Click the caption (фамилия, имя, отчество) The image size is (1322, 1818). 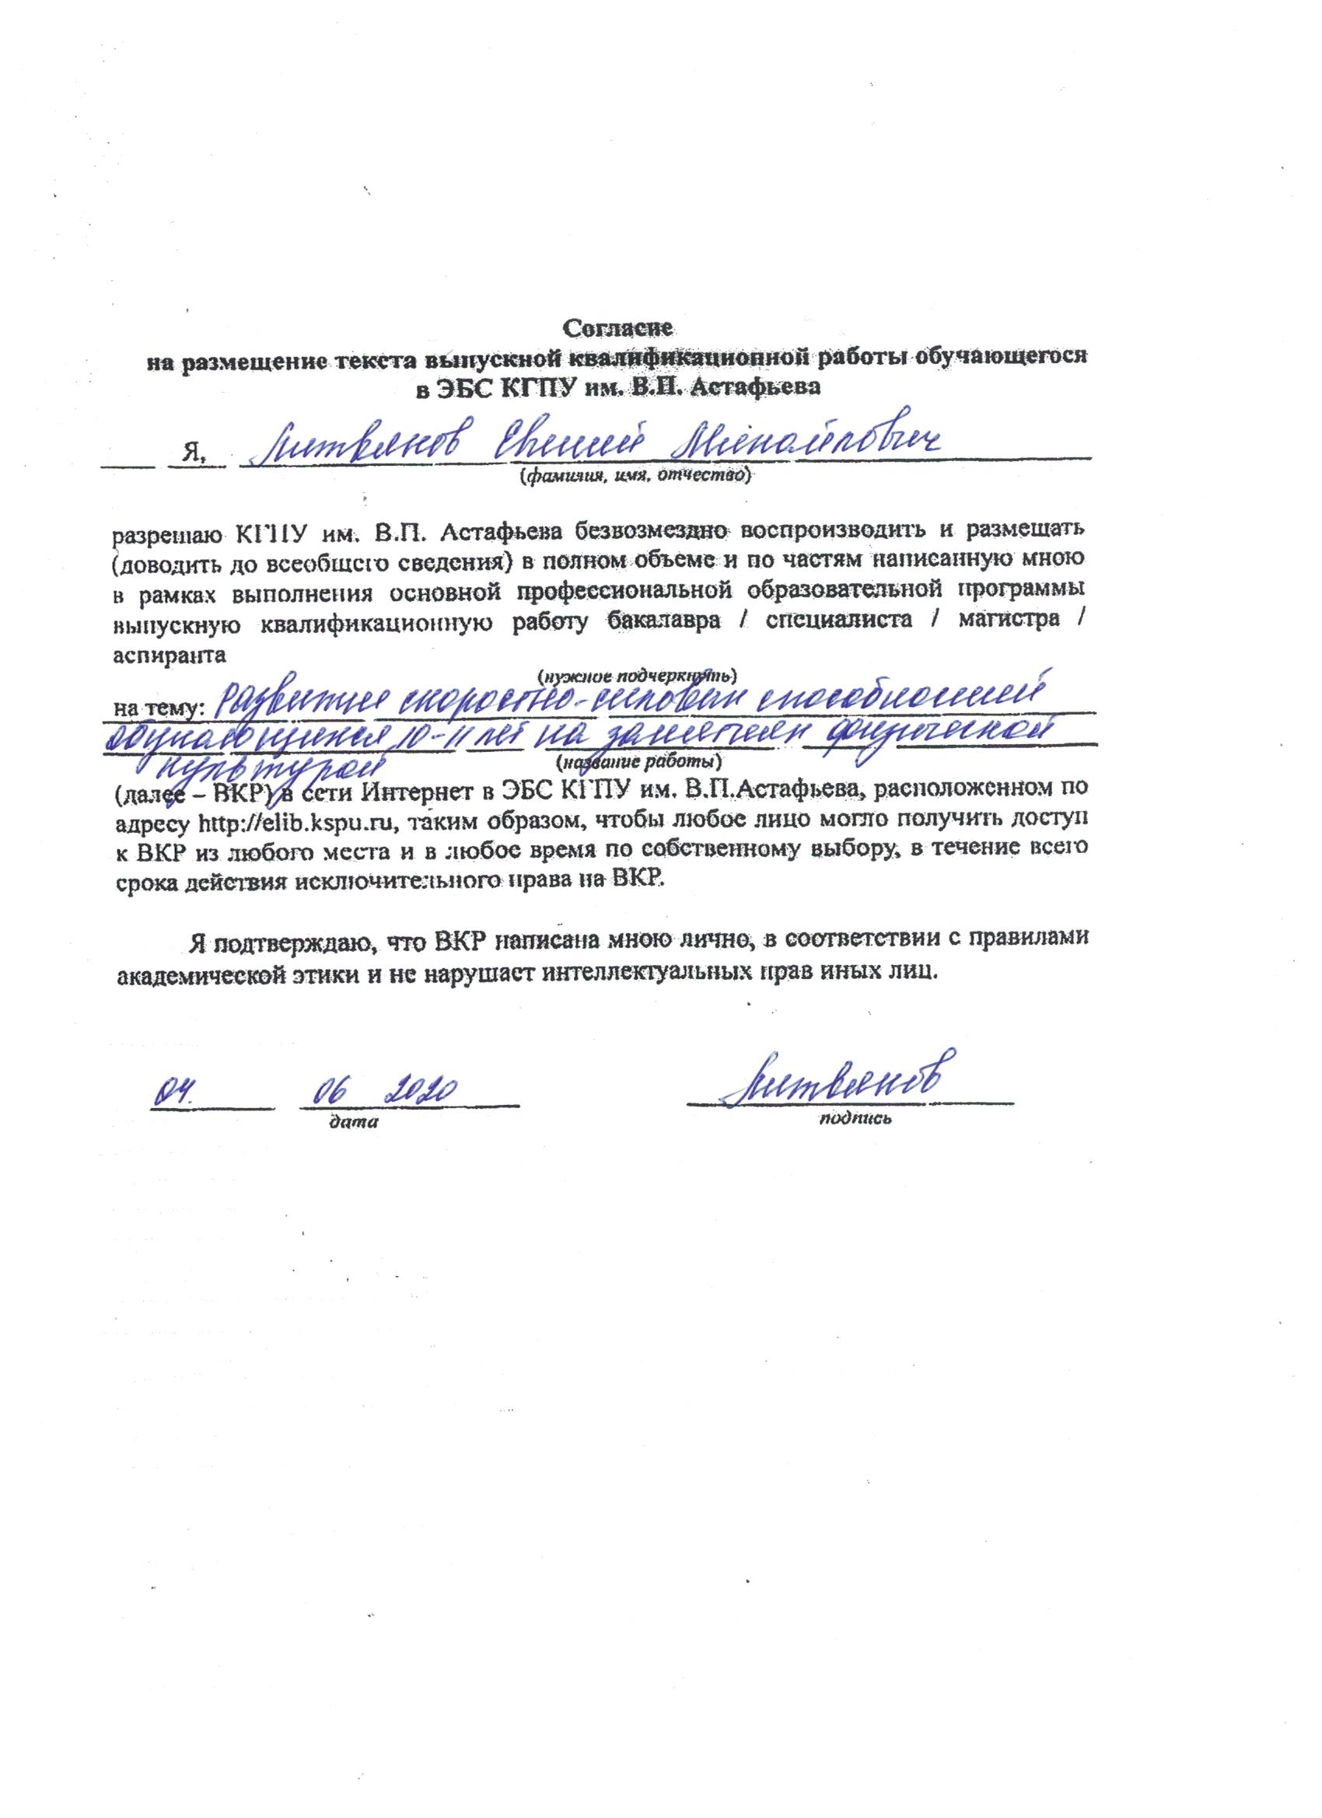click(634, 477)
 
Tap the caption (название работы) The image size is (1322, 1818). click(638, 759)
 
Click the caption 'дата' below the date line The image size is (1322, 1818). click(353, 1122)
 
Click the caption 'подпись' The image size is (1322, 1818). click(855, 1118)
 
